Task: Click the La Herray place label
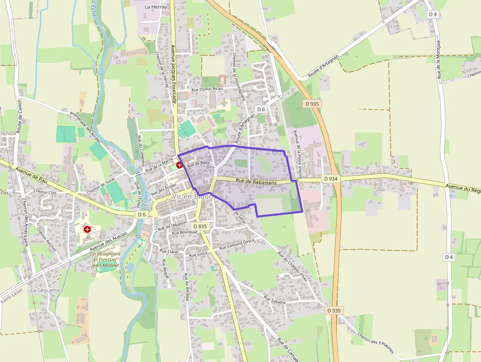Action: click(x=156, y=7)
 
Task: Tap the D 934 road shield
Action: click(x=331, y=179)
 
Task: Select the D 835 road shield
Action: click(x=200, y=226)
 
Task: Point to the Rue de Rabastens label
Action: click(x=256, y=182)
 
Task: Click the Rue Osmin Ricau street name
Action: click(x=207, y=89)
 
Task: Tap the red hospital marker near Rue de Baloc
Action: click(x=179, y=166)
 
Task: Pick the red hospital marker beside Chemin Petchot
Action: click(x=87, y=229)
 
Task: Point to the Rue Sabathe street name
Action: click(x=274, y=300)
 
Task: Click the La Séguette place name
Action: click(x=45, y=290)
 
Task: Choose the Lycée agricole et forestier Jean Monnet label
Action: click(x=106, y=259)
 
